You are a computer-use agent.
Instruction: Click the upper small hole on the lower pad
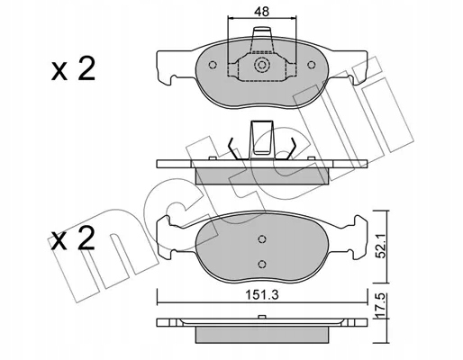point(261,238)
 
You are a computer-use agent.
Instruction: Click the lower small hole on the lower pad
point(261,262)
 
